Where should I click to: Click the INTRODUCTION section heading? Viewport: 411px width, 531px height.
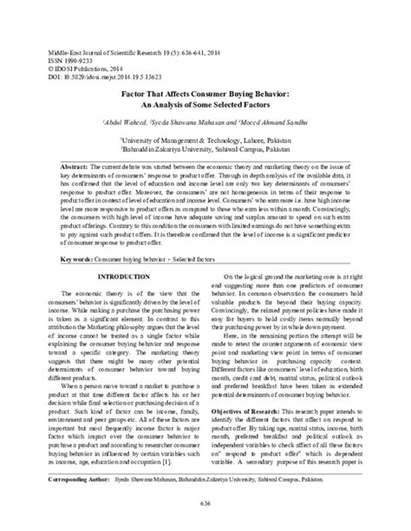point(125,275)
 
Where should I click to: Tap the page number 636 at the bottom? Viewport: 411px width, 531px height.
point(205,518)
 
